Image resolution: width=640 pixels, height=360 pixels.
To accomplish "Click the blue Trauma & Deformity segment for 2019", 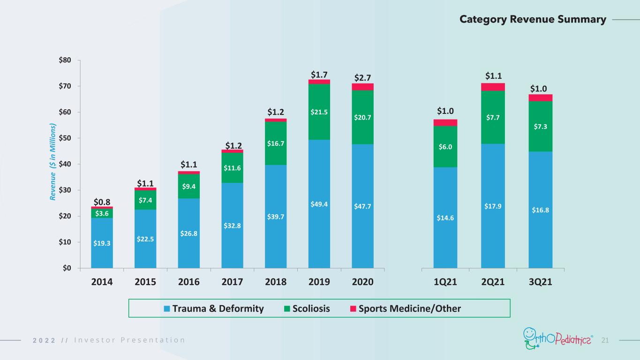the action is [x=319, y=204].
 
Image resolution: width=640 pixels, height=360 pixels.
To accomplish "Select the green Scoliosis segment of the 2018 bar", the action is [x=276, y=143].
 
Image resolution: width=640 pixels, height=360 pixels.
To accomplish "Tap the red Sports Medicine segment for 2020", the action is [x=362, y=87].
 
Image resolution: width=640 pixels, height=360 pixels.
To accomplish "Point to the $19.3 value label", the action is [x=102, y=243].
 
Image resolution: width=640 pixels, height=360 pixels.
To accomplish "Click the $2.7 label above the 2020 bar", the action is [x=362, y=78].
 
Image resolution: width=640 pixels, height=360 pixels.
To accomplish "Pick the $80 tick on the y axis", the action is [x=65, y=60].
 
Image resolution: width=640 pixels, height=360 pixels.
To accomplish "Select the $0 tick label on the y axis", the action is [x=67, y=268].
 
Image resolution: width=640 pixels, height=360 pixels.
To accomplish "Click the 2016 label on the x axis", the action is [x=189, y=282].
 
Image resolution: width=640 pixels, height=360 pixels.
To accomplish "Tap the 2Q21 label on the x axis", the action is [x=493, y=282].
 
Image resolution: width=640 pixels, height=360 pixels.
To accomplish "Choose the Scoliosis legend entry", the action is [x=307, y=308].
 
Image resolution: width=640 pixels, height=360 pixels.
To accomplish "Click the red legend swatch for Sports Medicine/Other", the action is [x=353, y=309].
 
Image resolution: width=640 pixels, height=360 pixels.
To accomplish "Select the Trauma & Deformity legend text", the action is [x=218, y=308].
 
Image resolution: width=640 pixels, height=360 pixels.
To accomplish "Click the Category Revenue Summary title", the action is [x=533, y=19].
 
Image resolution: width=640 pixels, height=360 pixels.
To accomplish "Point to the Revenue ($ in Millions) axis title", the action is [x=53, y=162].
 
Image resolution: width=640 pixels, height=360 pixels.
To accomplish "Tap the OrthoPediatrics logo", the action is [x=558, y=339].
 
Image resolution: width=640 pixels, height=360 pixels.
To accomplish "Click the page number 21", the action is [x=605, y=340].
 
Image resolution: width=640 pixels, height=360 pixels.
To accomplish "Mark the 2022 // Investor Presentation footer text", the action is [x=109, y=340].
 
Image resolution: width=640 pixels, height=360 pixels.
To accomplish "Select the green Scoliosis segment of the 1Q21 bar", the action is [x=445, y=147].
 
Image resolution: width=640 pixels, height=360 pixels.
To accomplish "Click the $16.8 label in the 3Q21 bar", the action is [x=540, y=210].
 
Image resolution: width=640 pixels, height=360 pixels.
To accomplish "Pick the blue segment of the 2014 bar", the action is [x=102, y=243].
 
